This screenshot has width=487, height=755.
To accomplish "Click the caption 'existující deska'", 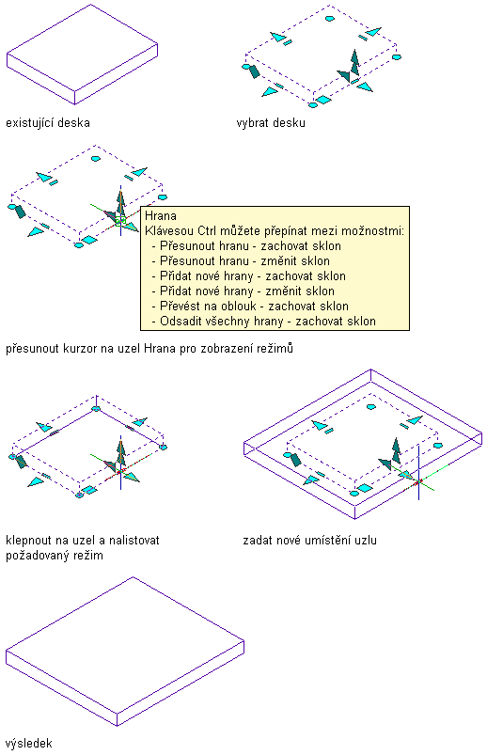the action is pyautogui.click(x=48, y=123).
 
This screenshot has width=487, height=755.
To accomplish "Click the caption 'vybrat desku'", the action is pyautogui.click(x=271, y=123).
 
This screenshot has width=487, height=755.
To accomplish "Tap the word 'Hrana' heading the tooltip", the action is pyautogui.click(x=161, y=215).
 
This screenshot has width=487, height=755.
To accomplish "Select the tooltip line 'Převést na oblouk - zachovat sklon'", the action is pyautogui.click(x=254, y=307).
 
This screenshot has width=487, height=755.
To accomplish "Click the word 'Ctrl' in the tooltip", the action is pyautogui.click(x=207, y=231).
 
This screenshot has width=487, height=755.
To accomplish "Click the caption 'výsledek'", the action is pyautogui.click(x=29, y=744).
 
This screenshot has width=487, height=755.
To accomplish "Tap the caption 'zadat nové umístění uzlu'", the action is pyautogui.click(x=309, y=541).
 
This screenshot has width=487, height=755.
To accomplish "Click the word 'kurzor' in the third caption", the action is pyautogui.click(x=80, y=348).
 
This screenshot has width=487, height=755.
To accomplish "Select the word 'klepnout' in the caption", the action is pyautogui.click(x=27, y=541).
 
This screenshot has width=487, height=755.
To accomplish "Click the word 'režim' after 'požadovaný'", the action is pyautogui.click(x=88, y=556).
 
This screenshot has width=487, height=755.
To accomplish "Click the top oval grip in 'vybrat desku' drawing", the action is pyautogui.click(x=329, y=19).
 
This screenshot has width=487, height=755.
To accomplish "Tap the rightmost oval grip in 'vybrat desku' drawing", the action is pyautogui.click(x=397, y=57).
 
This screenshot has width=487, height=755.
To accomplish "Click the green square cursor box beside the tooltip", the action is pyautogui.click(x=120, y=221).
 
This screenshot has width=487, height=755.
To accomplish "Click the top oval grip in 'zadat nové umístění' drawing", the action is pyautogui.click(x=371, y=407).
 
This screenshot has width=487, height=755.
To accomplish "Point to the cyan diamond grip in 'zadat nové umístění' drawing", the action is pyautogui.click(x=366, y=489).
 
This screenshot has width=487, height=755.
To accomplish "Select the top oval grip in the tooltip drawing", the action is pyautogui.click(x=95, y=158).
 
